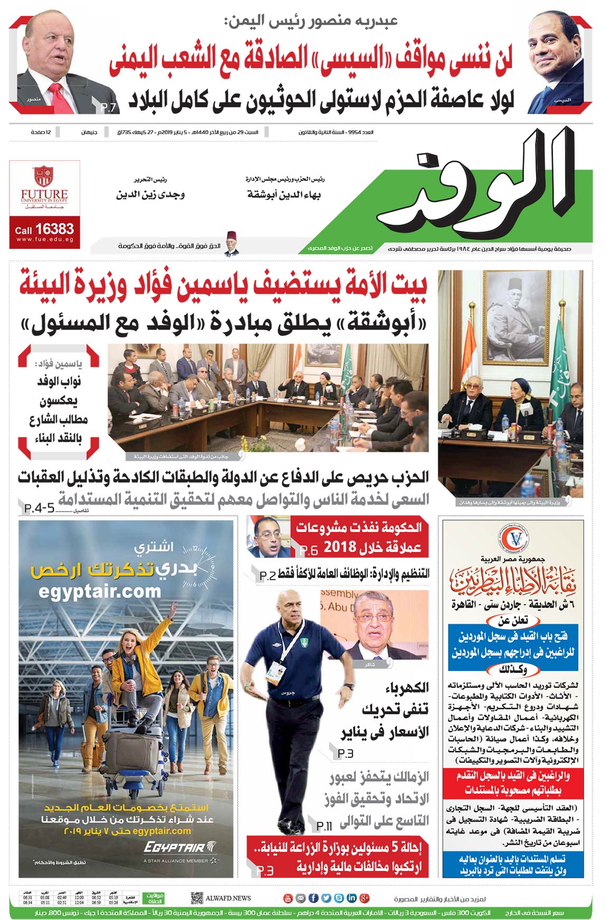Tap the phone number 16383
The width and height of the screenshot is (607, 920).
coord(55,229)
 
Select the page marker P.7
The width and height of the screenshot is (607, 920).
coord(109,108)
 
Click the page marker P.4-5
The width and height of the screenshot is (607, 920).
coord(40,508)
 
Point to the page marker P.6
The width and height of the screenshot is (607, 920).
coord(309,551)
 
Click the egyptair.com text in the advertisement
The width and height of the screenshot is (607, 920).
coord(100,591)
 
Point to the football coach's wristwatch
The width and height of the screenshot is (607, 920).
coord(348,687)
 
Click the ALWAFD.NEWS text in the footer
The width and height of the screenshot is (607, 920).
coord(228,898)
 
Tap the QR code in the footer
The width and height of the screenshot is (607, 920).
coord(197,898)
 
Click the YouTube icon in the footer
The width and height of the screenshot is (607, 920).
coord(288,898)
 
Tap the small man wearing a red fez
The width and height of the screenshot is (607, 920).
coord(230,243)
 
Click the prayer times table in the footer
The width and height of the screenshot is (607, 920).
coord(79,898)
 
